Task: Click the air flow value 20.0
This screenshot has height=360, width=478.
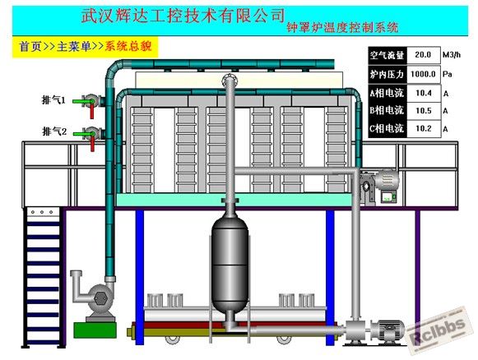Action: coord(423,55)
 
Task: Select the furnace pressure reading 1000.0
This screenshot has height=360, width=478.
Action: coord(423,74)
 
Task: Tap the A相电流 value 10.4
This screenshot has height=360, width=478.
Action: coord(424,93)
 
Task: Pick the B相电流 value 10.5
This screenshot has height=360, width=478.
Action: coord(424,111)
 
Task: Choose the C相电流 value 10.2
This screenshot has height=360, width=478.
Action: coord(424,128)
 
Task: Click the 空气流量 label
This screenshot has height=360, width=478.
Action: coord(387,55)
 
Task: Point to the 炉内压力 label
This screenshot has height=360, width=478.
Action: coord(387,74)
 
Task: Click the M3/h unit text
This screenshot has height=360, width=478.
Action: coord(452,55)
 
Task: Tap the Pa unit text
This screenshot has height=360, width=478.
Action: coord(448,74)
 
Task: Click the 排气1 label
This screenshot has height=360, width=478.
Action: coord(53,100)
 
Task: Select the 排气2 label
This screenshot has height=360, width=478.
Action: coord(54,132)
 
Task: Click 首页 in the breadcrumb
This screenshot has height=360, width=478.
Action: coord(30,47)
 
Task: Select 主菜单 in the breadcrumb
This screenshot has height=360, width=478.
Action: coord(74,47)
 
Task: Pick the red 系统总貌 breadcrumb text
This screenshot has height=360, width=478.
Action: coord(128,46)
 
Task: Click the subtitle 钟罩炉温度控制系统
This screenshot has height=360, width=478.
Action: coord(342,28)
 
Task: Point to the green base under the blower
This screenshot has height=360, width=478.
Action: coord(95,330)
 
